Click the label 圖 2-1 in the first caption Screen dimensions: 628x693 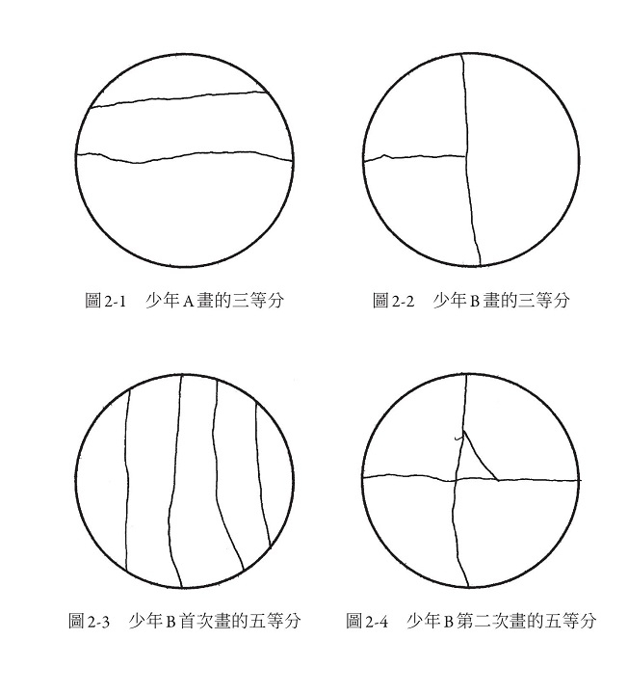(x=106, y=301)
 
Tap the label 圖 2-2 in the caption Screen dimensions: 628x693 (x=394, y=301)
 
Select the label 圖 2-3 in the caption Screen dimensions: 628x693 (x=90, y=621)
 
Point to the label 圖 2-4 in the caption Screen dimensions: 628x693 (x=367, y=621)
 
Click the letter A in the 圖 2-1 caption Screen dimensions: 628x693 (x=189, y=302)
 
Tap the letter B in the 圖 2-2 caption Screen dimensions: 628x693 (x=475, y=302)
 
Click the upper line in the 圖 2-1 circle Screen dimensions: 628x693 (x=178, y=99)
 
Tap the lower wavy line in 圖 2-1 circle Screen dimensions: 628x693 (x=184, y=157)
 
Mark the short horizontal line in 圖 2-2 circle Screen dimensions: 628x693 (x=415, y=157)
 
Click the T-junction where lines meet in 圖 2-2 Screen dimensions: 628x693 (x=466, y=155)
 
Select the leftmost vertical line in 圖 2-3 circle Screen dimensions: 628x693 (x=127, y=480)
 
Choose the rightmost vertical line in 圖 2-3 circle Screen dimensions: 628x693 (x=262, y=475)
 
